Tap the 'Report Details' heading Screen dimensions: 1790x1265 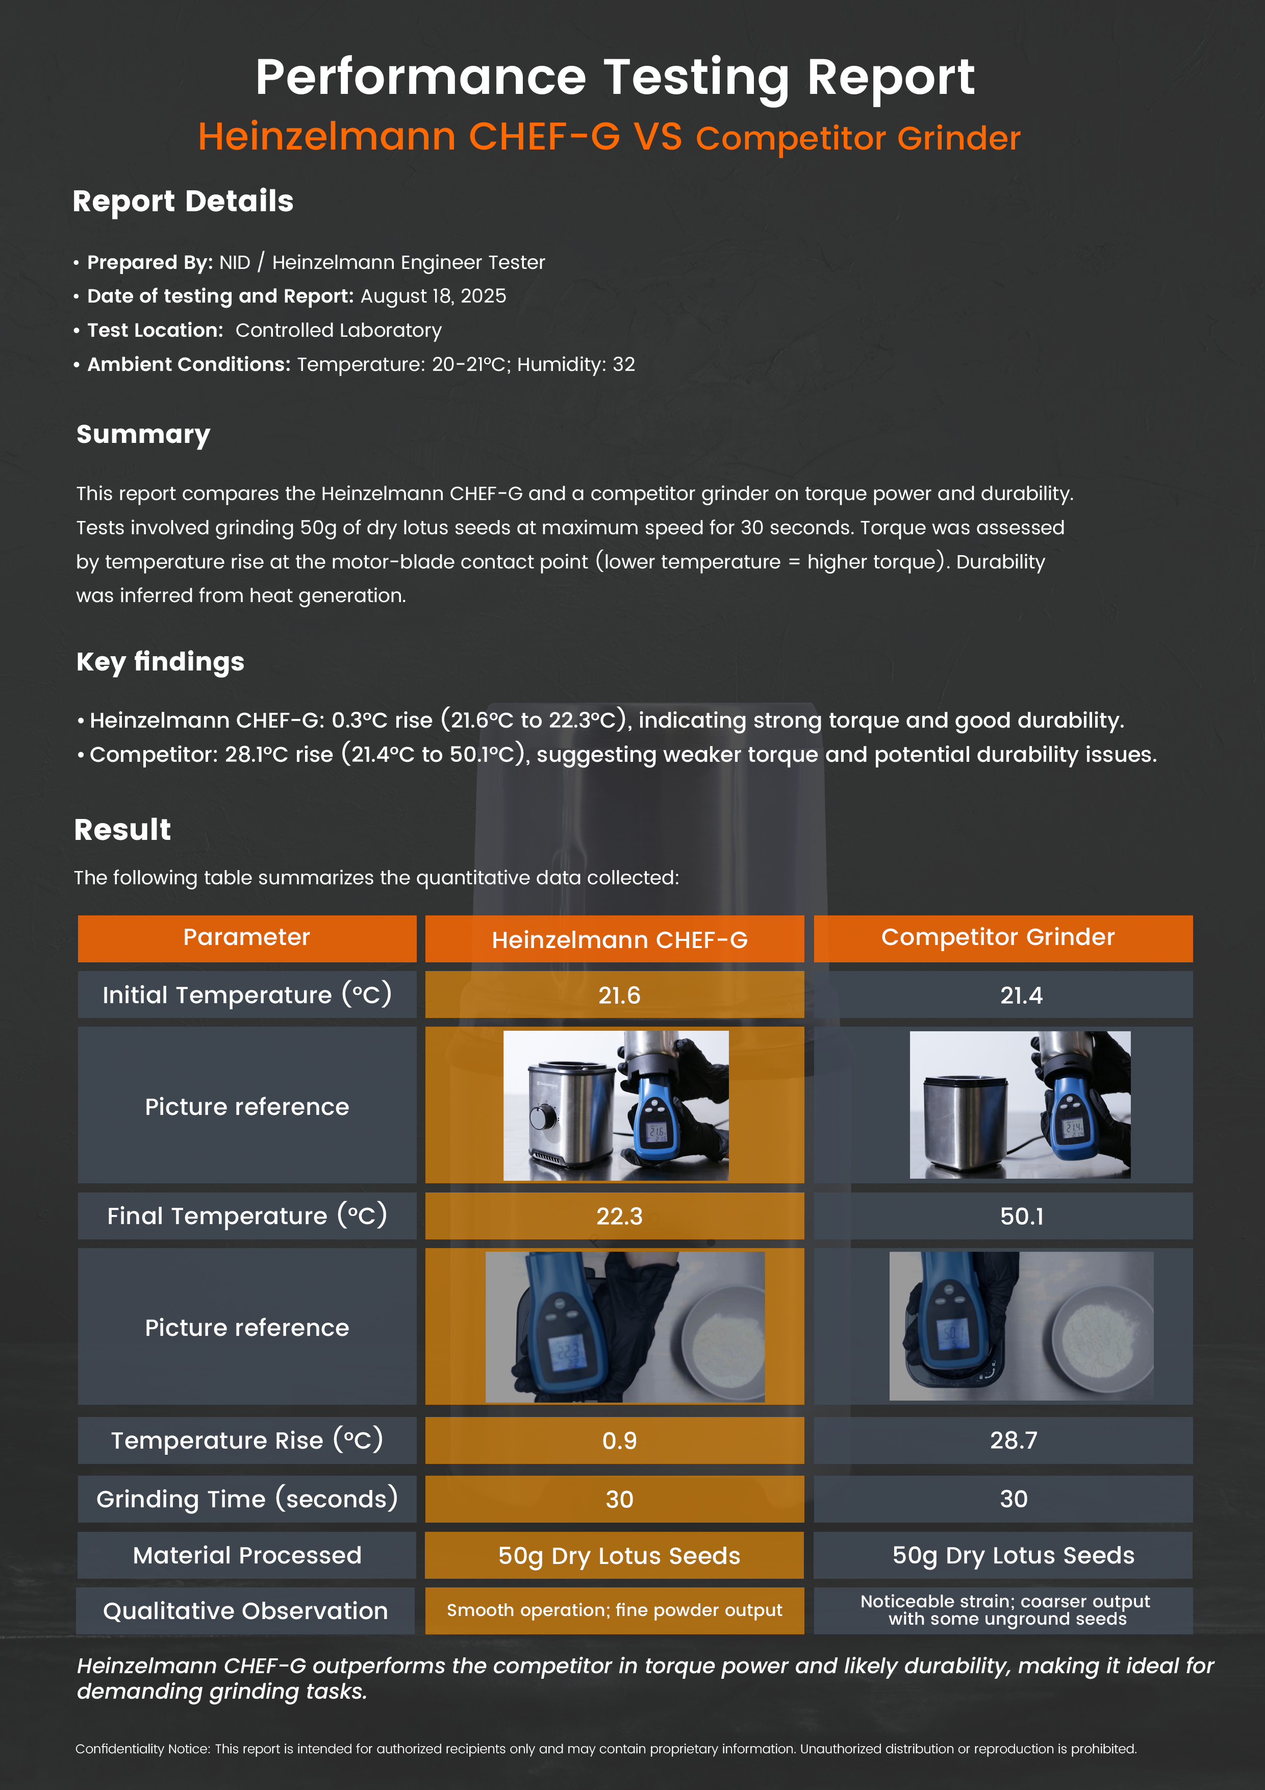click(183, 201)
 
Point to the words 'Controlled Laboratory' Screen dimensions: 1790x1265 click(338, 331)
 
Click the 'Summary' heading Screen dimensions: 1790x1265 click(143, 434)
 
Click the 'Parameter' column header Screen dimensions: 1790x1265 click(246, 937)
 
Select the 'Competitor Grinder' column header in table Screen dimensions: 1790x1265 click(998, 937)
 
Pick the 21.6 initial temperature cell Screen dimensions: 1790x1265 click(619, 996)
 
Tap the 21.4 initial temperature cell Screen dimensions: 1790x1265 click(1021, 996)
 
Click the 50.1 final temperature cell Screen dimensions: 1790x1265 click(1021, 1216)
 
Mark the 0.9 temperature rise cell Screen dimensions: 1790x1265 click(619, 1441)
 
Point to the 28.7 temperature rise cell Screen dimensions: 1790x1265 click(1013, 1441)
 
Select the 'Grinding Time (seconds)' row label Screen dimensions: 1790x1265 click(246, 1499)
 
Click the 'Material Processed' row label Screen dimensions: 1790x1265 click(246, 1555)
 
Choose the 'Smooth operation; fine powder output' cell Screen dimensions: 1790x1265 click(614, 1611)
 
